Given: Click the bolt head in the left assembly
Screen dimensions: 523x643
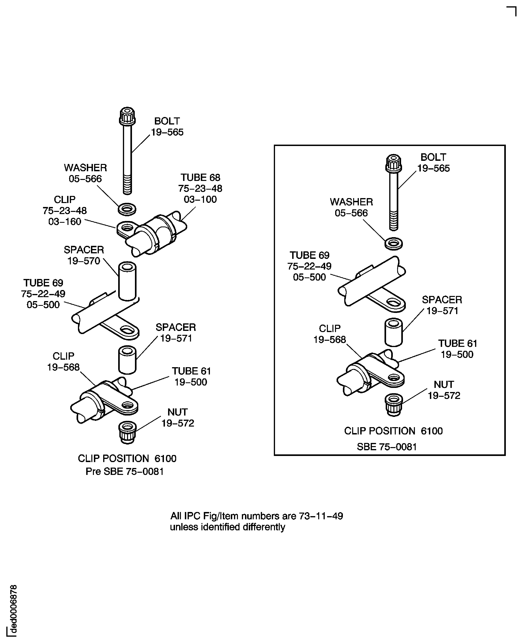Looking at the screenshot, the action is (x=127, y=116).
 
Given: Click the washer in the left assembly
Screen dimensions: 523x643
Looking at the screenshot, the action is (x=127, y=209).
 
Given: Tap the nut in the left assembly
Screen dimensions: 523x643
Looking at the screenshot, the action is (x=127, y=432).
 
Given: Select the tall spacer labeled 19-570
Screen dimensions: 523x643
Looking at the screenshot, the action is (x=127, y=281).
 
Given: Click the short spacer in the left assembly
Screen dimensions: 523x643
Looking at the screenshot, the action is (x=127, y=360).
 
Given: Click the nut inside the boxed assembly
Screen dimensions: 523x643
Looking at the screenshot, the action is (x=394, y=405).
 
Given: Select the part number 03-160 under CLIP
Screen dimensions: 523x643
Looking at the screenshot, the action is (x=65, y=221).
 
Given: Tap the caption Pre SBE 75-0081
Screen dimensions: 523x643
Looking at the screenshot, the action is (x=124, y=471).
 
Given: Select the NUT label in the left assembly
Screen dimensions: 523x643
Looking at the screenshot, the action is (x=177, y=412).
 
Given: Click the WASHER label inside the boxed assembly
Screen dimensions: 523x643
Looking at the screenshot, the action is (x=351, y=202).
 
